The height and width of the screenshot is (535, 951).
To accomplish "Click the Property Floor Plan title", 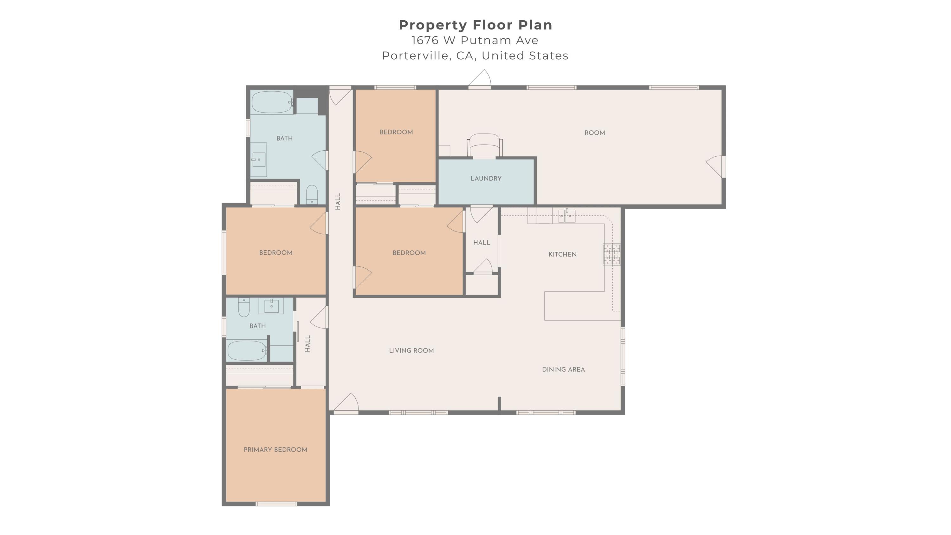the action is [475, 25].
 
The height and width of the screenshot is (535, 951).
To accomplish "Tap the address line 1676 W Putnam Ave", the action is [475, 40].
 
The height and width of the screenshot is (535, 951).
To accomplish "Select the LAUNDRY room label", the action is [486, 178].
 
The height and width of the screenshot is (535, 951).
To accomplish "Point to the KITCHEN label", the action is [562, 254].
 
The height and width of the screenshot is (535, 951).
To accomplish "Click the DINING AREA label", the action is [563, 369].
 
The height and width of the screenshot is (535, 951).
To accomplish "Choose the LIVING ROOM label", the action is [411, 350].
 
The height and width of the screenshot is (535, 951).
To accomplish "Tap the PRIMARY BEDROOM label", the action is [275, 450].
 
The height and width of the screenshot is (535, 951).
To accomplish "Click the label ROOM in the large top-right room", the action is [595, 133].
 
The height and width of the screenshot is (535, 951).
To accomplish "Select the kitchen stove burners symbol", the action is [612, 254].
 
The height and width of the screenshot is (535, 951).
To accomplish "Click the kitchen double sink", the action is [567, 215].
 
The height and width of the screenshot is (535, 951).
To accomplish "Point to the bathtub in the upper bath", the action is [272, 102].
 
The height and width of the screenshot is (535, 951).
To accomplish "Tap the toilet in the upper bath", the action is [312, 194].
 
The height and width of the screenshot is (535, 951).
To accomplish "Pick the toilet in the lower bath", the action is [244, 307].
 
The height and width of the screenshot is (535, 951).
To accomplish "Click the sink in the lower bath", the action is [271, 306].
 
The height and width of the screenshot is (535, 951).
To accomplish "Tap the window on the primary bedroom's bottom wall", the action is [276, 504].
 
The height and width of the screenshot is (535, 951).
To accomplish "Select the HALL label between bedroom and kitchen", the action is [482, 243].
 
